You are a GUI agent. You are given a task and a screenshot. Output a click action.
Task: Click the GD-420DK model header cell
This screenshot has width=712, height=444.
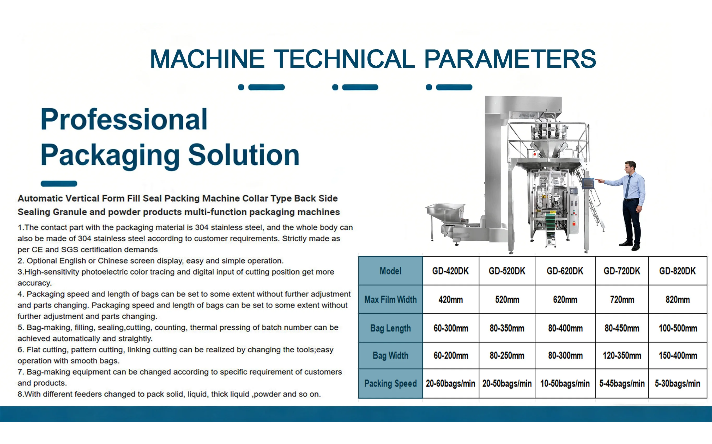(x=451, y=271)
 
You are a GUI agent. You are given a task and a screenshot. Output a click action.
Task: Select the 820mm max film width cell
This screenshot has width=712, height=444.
(x=678, y=299)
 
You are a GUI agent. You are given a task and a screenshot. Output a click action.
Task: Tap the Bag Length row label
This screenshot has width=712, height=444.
(x=390, y=328)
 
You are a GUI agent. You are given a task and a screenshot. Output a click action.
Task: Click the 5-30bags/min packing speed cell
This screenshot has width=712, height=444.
(x=677, y=384)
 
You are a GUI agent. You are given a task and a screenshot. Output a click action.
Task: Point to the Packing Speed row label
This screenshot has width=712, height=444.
(x=390, y=384)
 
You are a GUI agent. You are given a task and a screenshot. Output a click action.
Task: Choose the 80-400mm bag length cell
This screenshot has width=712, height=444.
(x=565, y=328)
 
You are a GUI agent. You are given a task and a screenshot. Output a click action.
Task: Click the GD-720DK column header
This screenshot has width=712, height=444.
(x=622, y=271)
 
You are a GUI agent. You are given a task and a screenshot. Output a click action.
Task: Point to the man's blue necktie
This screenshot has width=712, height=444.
(x=628, y=186)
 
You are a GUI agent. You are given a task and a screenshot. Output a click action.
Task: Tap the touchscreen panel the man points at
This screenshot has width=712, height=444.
(x=588, y=183)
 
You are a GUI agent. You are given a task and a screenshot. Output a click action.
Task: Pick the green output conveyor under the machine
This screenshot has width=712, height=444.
(x=550, y=228)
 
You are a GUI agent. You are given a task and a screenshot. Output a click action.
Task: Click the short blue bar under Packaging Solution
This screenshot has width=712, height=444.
(x=59, y=184)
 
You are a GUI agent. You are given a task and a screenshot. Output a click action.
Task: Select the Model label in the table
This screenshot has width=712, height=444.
(x=390, y=271)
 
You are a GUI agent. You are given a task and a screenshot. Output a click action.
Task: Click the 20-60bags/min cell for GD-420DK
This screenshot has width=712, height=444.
(x=451, y=384)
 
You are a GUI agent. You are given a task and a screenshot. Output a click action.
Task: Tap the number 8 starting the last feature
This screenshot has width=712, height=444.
(x=20, y=394)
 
